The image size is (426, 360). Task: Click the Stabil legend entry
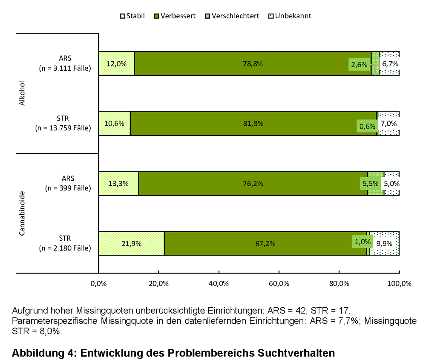click(132, 16)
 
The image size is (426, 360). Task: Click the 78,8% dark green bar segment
click(253, 64)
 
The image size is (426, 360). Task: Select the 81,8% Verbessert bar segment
click(253, 124)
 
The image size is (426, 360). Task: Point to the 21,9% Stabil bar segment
click(131, 244)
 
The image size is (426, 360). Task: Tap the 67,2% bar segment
click(265, 244)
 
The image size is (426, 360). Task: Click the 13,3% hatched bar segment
click(118, 184)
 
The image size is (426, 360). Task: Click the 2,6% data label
click(359, 65)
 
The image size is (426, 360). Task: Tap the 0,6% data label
click(367, 126)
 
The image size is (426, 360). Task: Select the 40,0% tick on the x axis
click(219, 284)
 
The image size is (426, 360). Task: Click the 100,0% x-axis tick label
click(399, 284)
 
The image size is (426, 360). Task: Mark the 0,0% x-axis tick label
click(98, 284)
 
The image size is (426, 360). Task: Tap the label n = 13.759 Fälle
click(63, 128)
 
